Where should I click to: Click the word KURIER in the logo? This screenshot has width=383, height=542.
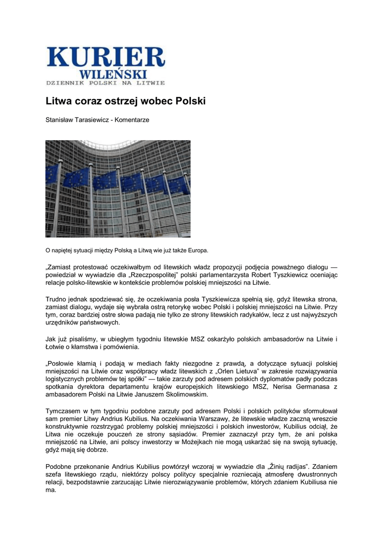pos(106,57)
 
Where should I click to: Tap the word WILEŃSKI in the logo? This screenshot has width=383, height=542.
pos(114,74)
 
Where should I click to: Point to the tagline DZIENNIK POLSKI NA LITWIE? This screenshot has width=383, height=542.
pos(106,83)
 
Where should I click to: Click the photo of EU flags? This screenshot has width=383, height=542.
pos(118,188)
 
